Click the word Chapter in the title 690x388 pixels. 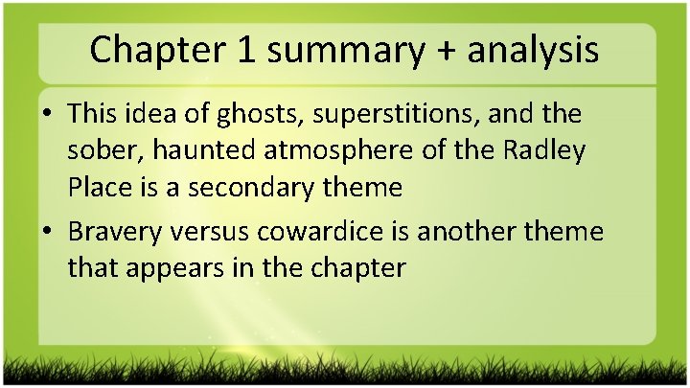[163, 50]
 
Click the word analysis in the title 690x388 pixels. [534, 50]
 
